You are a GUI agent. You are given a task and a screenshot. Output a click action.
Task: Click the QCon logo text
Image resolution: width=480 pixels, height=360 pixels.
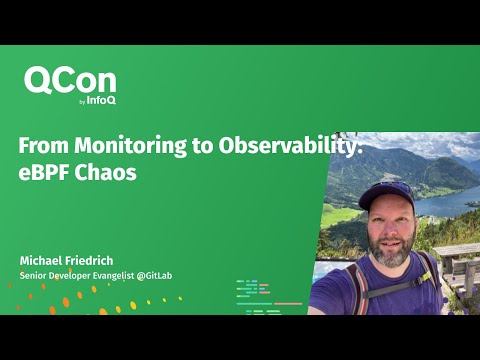(70, 82)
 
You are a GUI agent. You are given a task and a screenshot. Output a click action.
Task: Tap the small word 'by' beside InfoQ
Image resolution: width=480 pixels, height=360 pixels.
(82, 101)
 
